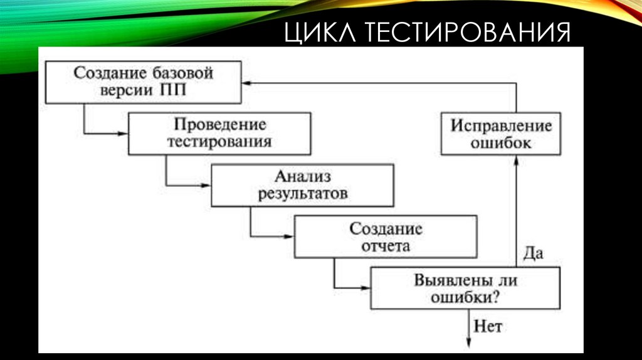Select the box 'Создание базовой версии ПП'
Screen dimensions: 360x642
pos(144,81)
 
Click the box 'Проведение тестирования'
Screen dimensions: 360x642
pos(219,133)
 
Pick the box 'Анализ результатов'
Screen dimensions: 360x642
pos(303,185)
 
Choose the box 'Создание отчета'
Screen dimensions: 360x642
pos(386,236)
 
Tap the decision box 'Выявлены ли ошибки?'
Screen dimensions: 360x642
pos(465,288)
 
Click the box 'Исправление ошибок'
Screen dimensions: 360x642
pos(500,134)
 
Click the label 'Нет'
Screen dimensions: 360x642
pos(488,326)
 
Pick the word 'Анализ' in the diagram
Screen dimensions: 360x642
pos(302,177)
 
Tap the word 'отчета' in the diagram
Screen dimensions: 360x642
pos(386,245)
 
